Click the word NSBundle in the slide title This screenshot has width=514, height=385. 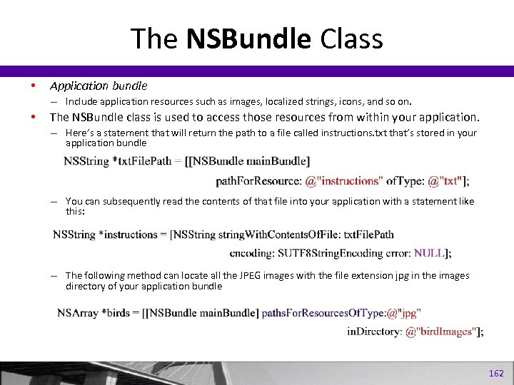(249, 39)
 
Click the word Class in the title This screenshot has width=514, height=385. (351, 39)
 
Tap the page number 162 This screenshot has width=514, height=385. (496, 374)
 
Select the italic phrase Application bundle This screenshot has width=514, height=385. (99, 86)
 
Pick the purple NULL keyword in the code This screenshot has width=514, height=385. (430, 252)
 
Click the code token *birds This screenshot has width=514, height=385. (118, 312)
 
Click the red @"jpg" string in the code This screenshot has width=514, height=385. (404, 312)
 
